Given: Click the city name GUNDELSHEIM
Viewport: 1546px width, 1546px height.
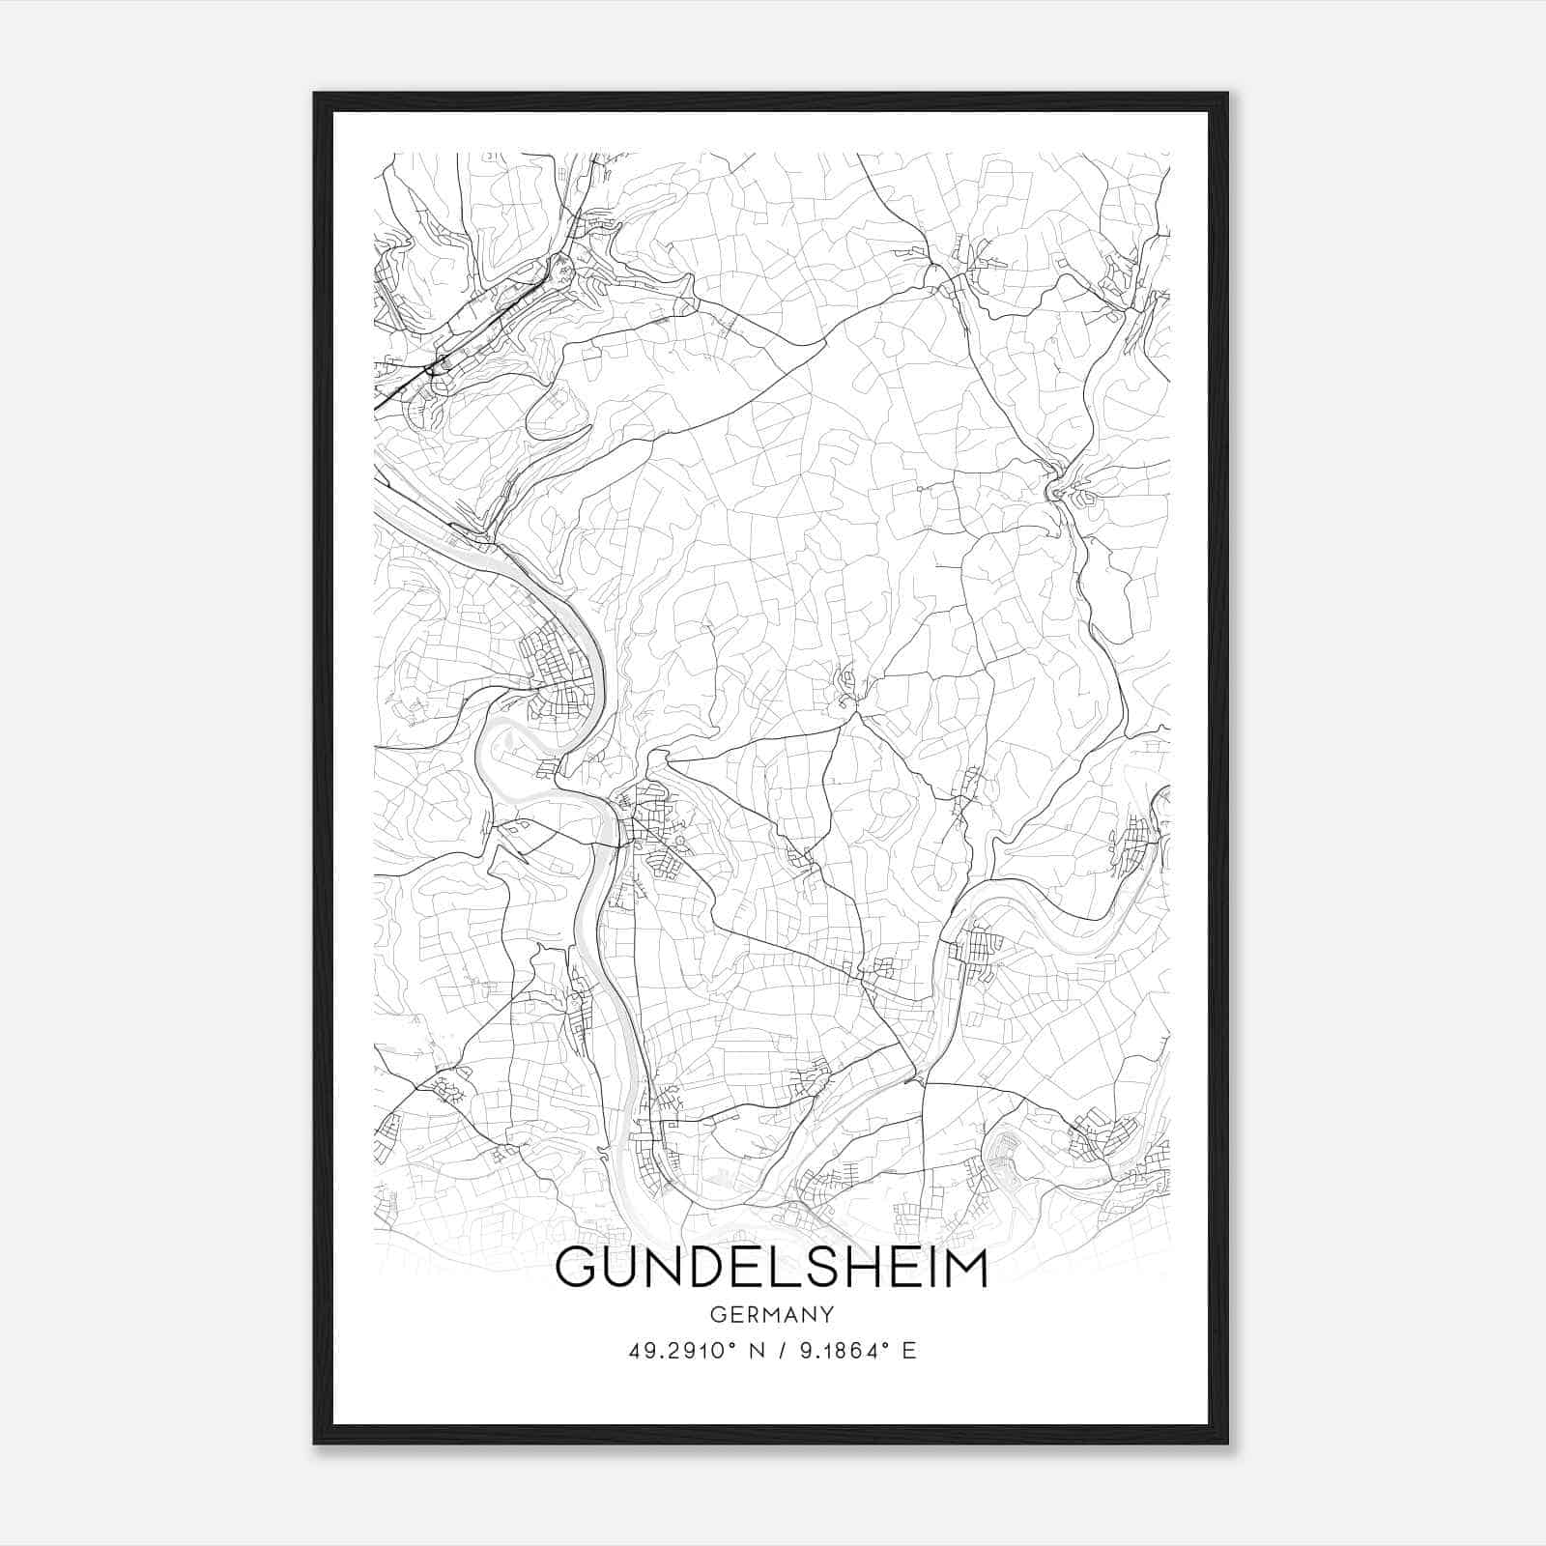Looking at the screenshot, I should [771, 1270].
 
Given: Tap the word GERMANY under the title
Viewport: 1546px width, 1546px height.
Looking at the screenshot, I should [771, 1315].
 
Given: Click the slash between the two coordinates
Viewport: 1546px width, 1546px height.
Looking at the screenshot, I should [784, 1351].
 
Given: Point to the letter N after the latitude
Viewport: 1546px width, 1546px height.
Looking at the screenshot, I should [757, 1351].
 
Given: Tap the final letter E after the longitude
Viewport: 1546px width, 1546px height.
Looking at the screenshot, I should [908, 1351].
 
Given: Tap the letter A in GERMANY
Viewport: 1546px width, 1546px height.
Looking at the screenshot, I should [788, 1315].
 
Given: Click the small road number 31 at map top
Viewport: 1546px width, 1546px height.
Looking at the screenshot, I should [493, 156].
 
